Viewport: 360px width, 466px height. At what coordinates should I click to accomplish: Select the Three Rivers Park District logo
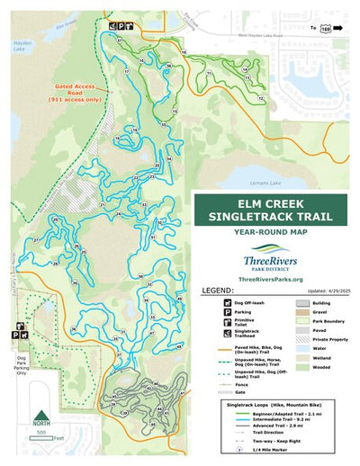pyautogui.click(x=276, y=258)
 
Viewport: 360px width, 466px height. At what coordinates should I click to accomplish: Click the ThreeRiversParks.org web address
pyautogui.click(x=276, y=281)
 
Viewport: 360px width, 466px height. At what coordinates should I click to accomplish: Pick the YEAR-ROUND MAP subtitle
pyautogui.click(x=276, y=232)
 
